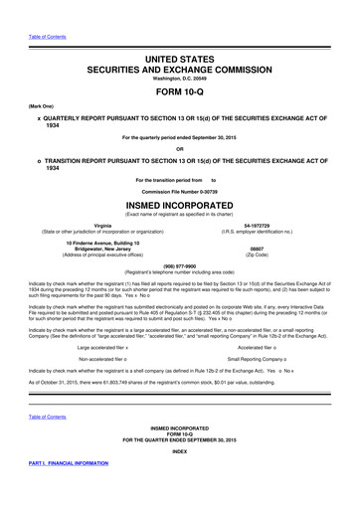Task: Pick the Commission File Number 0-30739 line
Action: click(x=180, y=189)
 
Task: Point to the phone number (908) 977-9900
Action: click(x=180, y=265)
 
